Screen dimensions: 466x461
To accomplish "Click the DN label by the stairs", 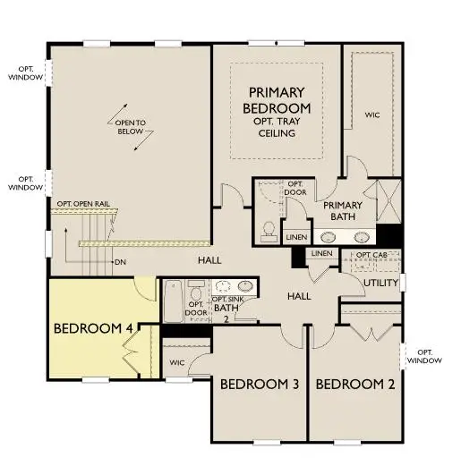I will click(120, 262).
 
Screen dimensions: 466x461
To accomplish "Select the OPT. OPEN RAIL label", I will click(88, 204).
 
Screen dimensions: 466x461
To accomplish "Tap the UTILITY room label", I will click(380, 284).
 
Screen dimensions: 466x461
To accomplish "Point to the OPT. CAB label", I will click(372, 256).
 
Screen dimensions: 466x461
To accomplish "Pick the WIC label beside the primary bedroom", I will click(372, 114).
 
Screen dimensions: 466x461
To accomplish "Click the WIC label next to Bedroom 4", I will click(177, 362).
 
